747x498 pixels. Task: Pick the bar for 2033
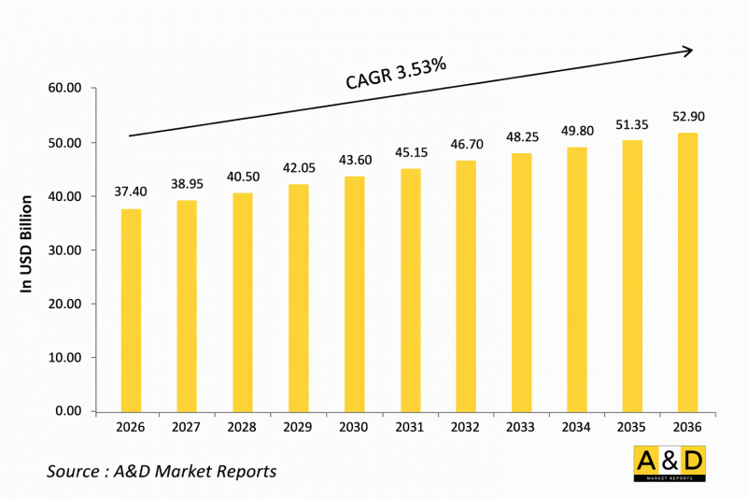click(521, 282)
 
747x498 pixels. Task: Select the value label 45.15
click(410, 153)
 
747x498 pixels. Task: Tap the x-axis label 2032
click(466, 428)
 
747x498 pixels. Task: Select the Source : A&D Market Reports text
click(162, 471)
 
